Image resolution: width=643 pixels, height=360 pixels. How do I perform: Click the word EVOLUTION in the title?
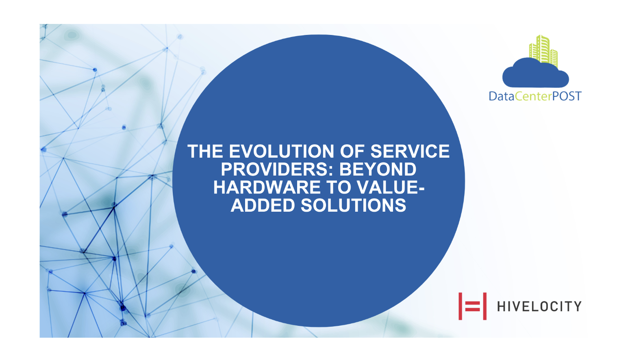(x=282, y=151)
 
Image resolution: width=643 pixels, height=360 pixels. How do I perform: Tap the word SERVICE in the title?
(x=410, y=151)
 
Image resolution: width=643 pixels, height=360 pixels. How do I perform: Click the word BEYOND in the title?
(x=378, y=169)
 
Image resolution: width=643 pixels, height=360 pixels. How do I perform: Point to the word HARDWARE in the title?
(x=267, y=187)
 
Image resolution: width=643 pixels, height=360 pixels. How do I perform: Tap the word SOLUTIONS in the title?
(x=353, y=205)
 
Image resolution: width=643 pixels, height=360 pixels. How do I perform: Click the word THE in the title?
(x=205, y=151)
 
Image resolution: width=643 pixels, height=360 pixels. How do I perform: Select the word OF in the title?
(x=352, y=151)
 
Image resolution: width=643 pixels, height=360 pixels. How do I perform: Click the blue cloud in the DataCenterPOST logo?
(x=536, y=74)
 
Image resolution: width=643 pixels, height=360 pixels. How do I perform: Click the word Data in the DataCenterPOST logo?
(x=502, y=96)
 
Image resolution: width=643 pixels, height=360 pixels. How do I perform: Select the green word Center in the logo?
(x=533, y=96)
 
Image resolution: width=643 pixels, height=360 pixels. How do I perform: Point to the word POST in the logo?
(x=567, y=96)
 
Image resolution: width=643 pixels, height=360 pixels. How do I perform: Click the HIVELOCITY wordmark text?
(x=539, y=306)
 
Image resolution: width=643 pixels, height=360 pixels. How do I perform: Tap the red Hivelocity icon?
(x=472, y=306)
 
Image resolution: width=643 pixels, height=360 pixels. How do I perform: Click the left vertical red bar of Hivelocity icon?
(x=460, y=306)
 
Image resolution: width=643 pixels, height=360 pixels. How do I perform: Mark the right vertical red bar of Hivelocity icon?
(x=485, y=306)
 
